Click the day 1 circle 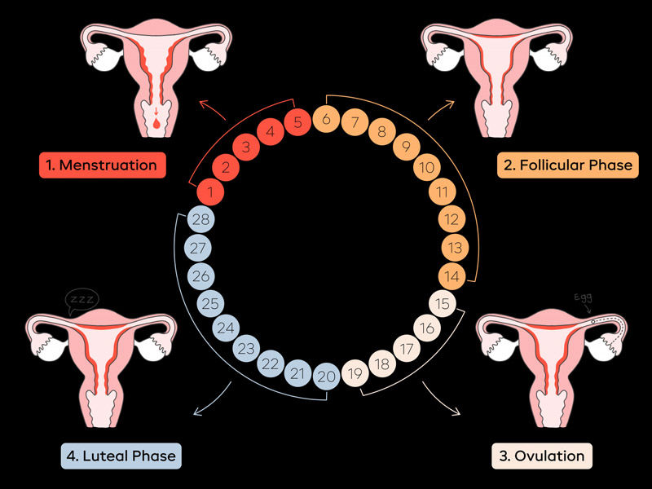(x=209, y=192)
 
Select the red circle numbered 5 (x=298, y=122)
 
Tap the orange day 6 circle (x=326, y=119)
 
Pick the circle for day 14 (x=453, y=276)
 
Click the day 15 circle (x=443, y=306)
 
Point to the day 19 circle (x=355, y=376)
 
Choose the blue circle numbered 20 (x=326, y=376)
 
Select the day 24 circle (x=226, y=329)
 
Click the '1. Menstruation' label (x=102, y=165)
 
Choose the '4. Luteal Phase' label (x=121, y=456)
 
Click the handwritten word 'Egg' (x=584, y=297)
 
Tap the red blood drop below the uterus (x=154, y=125)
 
